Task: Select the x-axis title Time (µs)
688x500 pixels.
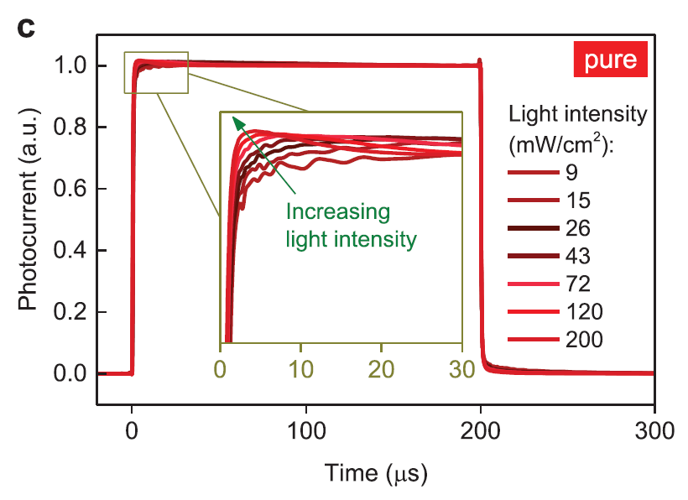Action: (377, 475)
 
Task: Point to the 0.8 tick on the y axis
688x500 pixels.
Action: (70, 128)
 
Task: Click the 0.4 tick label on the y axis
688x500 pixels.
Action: (70, 251)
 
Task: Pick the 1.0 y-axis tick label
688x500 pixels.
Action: (70, 65)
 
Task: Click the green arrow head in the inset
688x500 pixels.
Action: (238, 121)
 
